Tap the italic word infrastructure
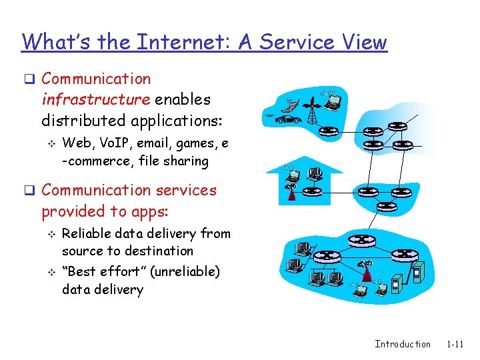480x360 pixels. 96,100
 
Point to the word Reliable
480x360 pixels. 87,234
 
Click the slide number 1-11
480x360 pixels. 455,344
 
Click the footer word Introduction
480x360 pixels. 403,344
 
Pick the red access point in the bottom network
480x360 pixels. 365,273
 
